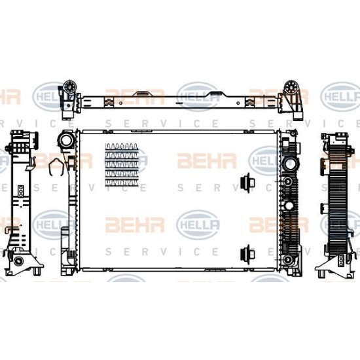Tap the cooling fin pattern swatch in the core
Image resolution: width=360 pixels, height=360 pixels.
pos(122,164)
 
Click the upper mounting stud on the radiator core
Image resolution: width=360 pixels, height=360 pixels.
pos(247,183)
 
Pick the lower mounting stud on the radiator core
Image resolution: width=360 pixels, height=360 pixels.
pos(247,255)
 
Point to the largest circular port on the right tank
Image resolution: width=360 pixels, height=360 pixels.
pos(291,164)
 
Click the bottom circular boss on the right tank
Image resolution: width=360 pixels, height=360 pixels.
pos(287,260)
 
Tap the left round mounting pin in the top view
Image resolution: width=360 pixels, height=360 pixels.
pos(69,86)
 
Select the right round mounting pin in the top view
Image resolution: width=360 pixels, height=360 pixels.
pos(291,87)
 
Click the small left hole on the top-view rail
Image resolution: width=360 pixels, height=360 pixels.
pos(120,103)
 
